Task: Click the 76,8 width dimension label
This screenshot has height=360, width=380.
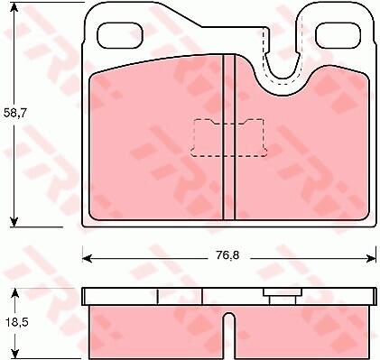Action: coord(227,255)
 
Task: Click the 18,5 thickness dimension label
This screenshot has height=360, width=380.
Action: coord(16,323)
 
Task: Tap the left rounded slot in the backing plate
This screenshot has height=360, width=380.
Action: coord(120,35)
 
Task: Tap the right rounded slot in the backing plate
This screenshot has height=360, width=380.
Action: coord(338,35)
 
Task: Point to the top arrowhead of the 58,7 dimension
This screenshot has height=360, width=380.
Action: coord(14,6)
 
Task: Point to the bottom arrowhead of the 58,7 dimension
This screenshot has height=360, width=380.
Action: coord(14,222)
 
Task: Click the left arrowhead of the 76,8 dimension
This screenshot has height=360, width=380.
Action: coord(88,258)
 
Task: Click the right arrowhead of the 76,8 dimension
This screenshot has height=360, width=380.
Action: coord(371,258)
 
